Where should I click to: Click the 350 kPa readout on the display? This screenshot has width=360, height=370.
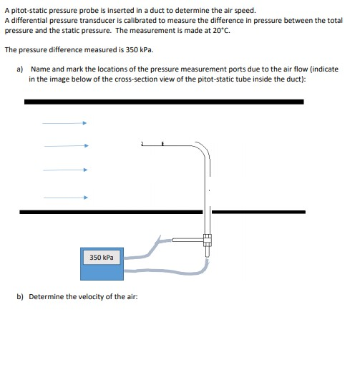click(x=101, y=257)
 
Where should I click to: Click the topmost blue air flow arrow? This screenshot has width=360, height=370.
click(x=64, y=123)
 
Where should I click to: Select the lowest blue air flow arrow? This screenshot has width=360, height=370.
click(x=64, y=197)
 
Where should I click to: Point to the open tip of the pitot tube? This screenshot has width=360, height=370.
click(x=143, y=146)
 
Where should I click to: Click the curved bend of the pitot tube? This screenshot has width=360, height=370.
click(x=203, y=151)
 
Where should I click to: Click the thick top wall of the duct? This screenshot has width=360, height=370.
click(x=164, y=102)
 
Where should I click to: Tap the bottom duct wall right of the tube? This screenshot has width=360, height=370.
click(x=258, y=212)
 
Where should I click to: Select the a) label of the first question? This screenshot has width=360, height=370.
click(x=21, y=69)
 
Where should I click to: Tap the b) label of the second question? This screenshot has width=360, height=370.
click(x=21, y=296)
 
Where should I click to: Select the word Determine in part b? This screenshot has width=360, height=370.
click(x=47, y=296)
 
